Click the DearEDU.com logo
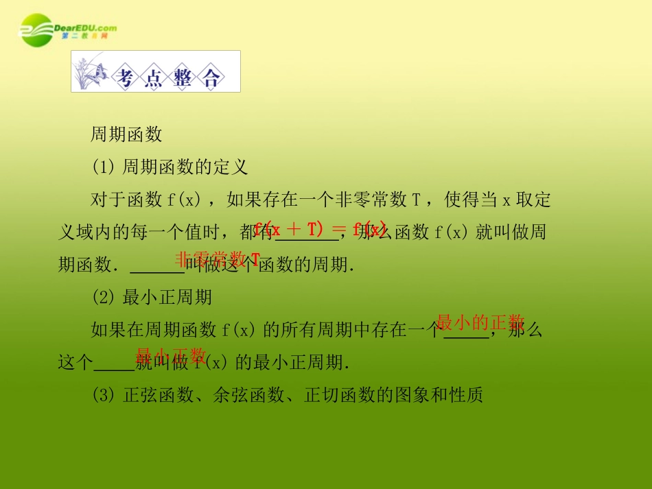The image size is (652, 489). [69, 30]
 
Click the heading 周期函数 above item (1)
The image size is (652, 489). [126, 134]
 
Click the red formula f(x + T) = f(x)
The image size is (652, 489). [320, 229]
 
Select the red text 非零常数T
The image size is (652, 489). [218, 259]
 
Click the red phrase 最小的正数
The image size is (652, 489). [480, 322]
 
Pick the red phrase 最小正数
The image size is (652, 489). [171, 355]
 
